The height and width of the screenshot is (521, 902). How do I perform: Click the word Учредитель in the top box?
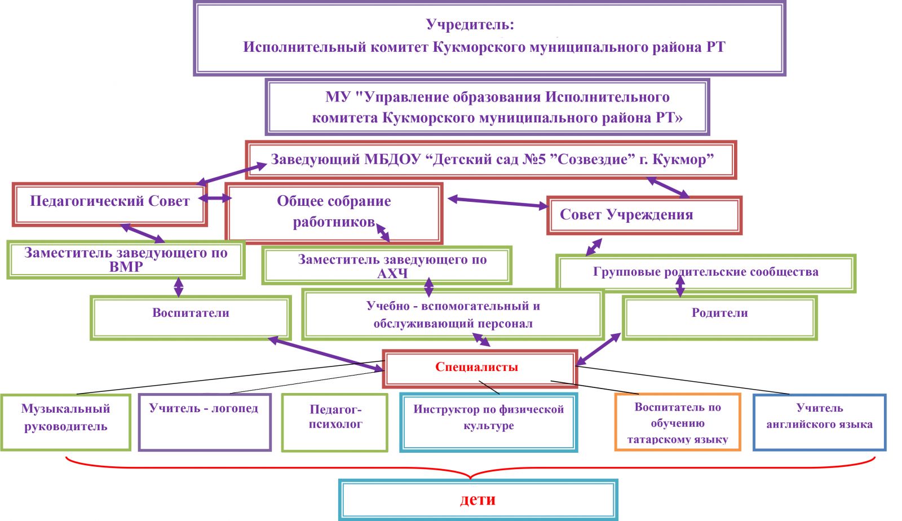pos(469,25)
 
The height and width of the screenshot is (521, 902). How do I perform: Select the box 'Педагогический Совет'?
pos(110,202)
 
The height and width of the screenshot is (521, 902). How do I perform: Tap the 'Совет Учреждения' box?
pos(644,215)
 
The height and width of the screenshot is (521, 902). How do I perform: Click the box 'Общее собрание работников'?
pos(334,211)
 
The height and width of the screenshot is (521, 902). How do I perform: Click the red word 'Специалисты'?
pos(476,367)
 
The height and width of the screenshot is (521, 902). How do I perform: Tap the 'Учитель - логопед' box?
pos(204,420)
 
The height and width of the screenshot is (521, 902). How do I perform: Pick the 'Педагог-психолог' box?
pos(335,420)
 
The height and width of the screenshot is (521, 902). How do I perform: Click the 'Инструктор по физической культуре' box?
pos(488,420)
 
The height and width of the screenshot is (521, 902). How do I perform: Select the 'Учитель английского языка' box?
pos(819,420)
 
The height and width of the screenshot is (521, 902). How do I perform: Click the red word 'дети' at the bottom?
pos(477,500)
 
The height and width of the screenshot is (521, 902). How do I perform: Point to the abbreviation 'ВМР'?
pos(126,267)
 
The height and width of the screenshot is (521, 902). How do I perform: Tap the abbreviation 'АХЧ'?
pos(392,274)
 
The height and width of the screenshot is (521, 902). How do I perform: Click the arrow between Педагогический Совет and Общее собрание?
pos(215,198)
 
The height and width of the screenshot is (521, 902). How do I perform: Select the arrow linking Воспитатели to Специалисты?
pos(325,354)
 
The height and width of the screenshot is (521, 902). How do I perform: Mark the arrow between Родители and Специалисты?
pos(598,349)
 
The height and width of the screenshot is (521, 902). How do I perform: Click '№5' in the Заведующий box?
pos(534,160)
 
